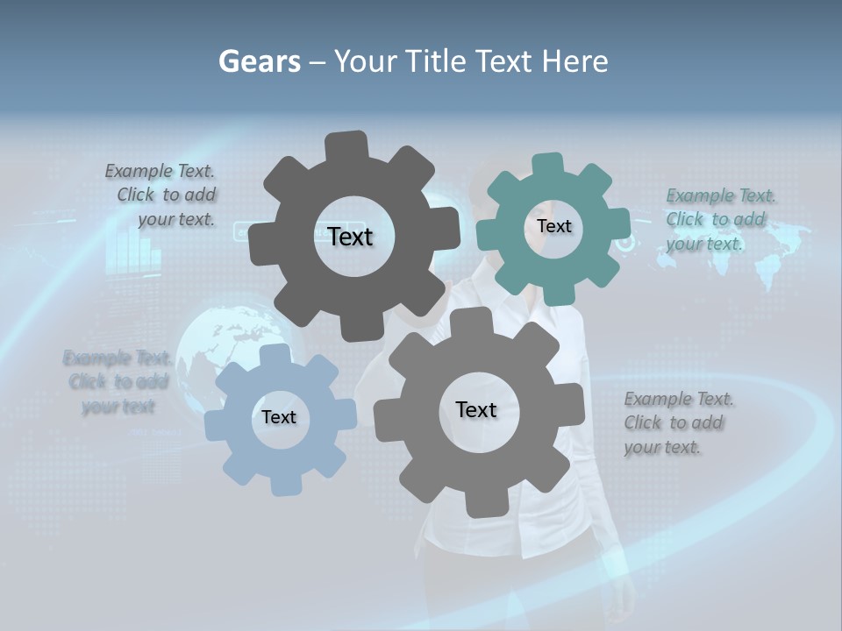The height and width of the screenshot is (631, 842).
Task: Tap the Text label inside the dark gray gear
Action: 350,237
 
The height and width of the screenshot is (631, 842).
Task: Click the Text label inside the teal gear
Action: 553,226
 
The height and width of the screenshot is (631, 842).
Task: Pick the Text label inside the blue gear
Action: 279,417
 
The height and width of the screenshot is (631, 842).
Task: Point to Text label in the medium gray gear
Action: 476,409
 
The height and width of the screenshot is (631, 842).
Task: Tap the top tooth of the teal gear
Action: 547,166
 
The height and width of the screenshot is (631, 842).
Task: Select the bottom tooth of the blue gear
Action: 285,484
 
